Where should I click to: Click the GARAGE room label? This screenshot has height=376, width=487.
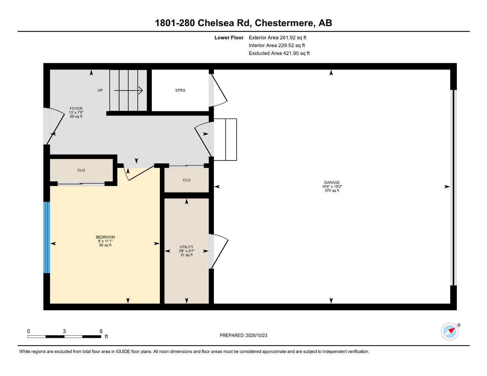[x=332, y=182]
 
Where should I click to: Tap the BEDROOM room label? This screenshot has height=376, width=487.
[x=105, y=237]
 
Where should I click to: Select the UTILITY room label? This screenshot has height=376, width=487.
[x=186, y=247]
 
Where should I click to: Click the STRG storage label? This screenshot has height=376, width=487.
[x=180, y=90]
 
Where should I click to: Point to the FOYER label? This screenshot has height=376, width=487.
[x=76, y=109]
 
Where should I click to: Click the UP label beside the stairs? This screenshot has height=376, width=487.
[x=100, y=90]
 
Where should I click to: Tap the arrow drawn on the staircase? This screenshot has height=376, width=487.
[x=128, y=90]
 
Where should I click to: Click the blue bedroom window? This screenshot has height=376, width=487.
[x=47, y=238]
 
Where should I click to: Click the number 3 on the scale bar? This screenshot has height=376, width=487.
[x=64, y=331]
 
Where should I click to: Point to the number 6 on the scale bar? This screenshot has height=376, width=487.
[x=101, y=331]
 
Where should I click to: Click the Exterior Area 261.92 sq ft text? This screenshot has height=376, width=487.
[x=277, y=37]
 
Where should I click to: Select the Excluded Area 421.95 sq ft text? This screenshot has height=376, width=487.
[x=279, y=53]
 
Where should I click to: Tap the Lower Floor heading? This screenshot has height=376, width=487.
[x=229, y=37]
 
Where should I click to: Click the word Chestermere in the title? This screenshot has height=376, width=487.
[x=285, y=23]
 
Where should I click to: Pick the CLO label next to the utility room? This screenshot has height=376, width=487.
[x=186, y=180]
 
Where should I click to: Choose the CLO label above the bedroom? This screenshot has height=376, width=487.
[x=81, y=170]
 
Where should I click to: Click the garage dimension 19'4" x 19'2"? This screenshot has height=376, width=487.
[x=332, y=187]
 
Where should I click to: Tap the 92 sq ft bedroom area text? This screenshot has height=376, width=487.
[x=105, y=245]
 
